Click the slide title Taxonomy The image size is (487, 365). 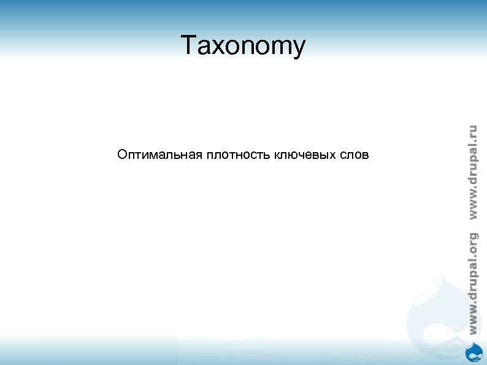[x=243, y=47]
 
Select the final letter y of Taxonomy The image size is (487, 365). [x=297, y=50]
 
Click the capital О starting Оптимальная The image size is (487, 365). [x=122, y=155]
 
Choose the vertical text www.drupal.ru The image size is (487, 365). [x=472, y=172]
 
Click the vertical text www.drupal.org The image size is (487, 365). [x=472, y=283]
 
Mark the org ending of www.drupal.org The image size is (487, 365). [x=472, y=243]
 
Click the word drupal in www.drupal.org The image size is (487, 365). [x=472, y=276]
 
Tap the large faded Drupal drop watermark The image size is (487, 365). [x=432, y=307]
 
